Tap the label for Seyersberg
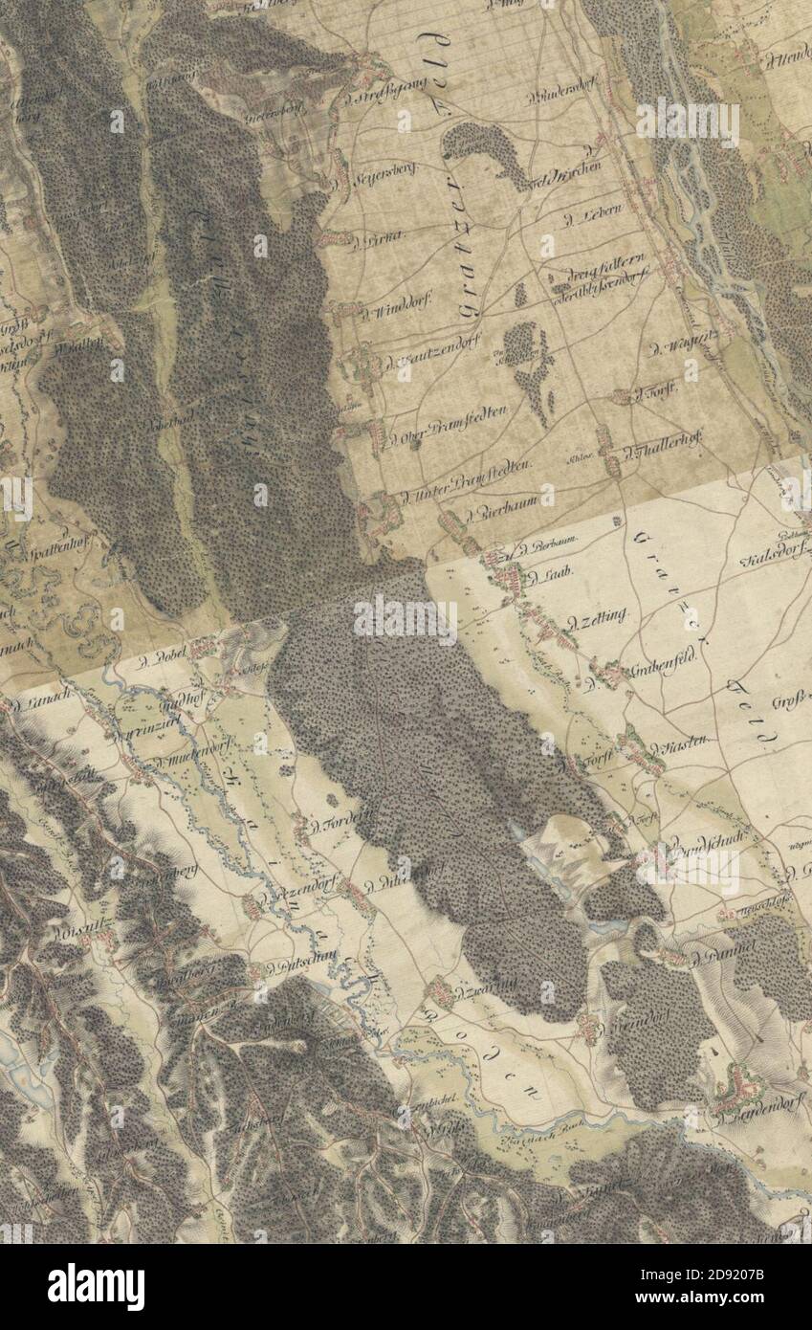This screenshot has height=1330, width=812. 362,179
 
